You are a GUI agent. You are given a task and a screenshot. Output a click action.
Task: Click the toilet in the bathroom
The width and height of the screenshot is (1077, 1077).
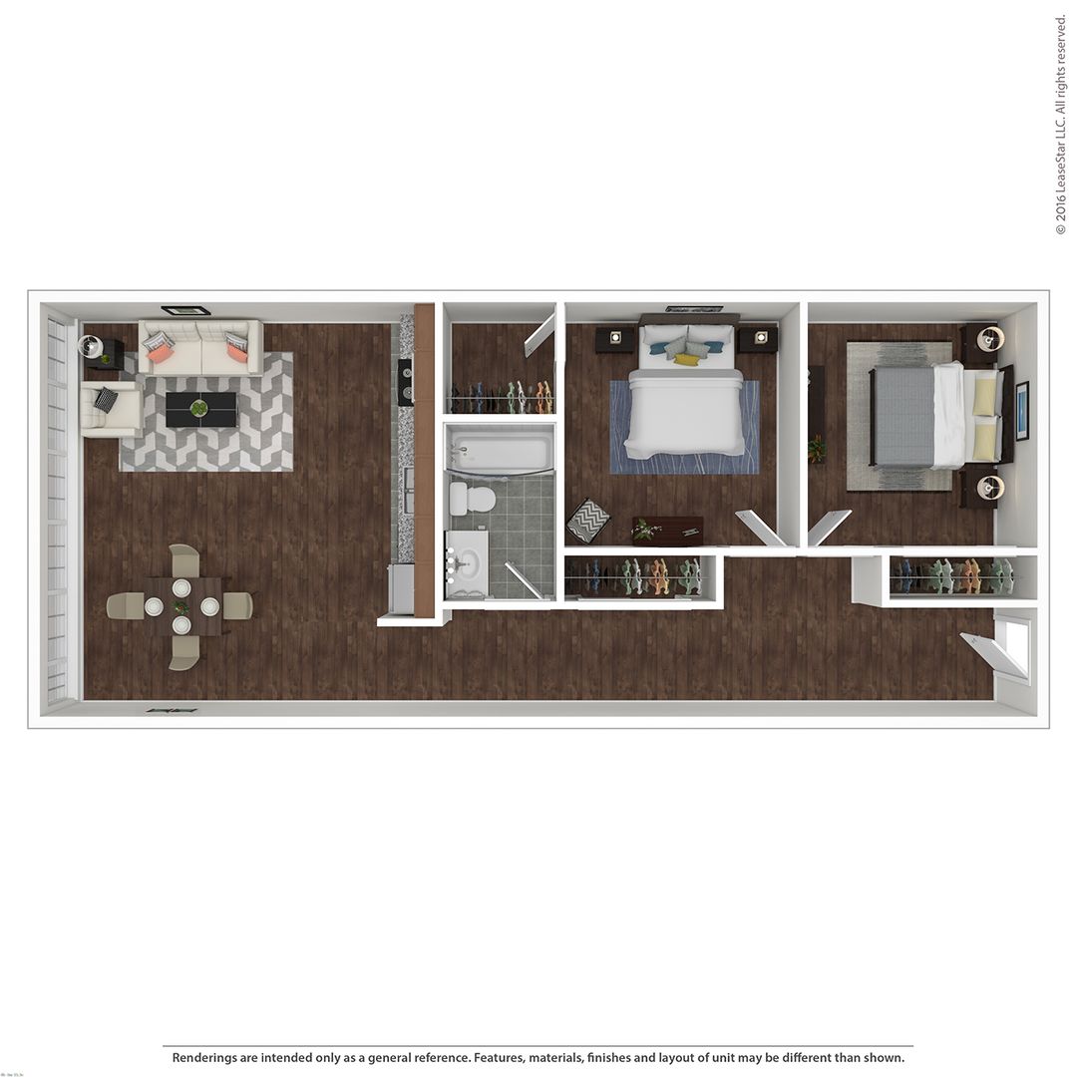click(472, 498)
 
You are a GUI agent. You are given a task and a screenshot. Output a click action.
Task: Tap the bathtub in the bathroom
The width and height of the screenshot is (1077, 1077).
click(500, 452)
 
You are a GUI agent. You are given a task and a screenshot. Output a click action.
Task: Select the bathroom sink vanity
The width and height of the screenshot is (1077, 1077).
click(467, 563)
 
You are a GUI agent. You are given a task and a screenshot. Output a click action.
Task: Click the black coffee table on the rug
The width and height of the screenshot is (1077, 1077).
click(200, 409)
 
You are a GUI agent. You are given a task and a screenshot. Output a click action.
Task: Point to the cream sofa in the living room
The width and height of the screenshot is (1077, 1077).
click(200, 347)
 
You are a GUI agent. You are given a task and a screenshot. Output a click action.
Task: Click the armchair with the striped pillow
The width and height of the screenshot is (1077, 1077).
click(110, 408)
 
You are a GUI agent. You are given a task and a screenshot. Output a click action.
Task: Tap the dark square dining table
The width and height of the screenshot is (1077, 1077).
click(181, 606)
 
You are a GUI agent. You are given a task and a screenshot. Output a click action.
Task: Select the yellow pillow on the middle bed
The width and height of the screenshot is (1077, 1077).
click(687, 360)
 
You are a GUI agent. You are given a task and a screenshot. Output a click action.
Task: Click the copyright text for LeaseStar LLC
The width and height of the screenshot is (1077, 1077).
click(1060, 125)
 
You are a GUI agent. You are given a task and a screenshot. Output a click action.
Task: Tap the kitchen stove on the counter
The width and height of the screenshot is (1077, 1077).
click(406, 382)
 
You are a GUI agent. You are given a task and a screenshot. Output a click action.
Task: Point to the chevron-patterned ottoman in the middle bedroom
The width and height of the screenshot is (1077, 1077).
click(588, 520)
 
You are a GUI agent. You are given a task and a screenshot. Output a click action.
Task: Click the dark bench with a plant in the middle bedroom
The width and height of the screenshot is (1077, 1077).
click(667, 531)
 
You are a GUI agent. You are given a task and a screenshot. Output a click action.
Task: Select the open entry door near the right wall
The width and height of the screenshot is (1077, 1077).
click(994, 653)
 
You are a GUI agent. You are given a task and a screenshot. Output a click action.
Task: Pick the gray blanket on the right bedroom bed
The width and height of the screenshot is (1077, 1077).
click(902, 416)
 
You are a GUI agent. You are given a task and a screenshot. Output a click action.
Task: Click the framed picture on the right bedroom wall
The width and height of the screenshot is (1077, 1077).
click(1022, 410)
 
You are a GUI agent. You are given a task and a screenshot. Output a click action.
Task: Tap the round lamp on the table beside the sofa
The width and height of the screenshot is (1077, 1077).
click(90, 345)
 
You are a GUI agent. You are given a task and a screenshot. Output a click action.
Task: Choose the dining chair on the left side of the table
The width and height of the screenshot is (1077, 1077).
click(125, 605)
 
